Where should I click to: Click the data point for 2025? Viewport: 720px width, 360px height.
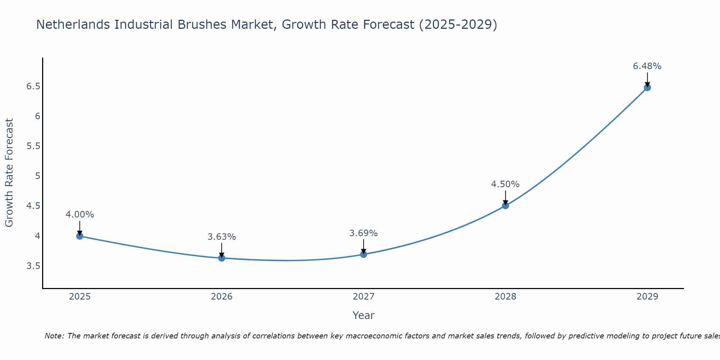(80, 236)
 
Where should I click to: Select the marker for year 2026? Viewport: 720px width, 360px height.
(221, 258)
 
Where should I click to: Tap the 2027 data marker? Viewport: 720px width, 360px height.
(363, 255)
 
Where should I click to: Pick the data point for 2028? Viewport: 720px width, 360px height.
(505, 206)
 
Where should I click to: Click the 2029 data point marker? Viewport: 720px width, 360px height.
(647, 87)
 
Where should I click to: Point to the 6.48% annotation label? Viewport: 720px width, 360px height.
(647, 66)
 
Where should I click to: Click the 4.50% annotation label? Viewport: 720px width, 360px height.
(505, 184)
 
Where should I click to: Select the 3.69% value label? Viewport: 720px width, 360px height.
(363, 233)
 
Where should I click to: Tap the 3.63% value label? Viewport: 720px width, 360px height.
(221, 237)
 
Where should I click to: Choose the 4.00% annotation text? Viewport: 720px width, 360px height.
(80, 215)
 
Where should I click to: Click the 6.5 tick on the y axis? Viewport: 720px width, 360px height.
(33, 86)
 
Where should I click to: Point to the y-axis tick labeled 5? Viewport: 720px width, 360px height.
(37, 176)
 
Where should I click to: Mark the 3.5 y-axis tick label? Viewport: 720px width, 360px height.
(33, 266)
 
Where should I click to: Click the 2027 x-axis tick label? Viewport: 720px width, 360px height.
(363, 297)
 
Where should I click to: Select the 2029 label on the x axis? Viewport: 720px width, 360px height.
(647, 297)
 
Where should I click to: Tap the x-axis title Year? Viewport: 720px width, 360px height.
(363, 315)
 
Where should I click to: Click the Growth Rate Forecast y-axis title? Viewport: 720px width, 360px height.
(9, 173)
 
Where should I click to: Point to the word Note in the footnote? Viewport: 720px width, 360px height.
(54, 336)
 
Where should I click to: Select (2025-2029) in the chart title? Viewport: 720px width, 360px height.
(458, 24)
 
